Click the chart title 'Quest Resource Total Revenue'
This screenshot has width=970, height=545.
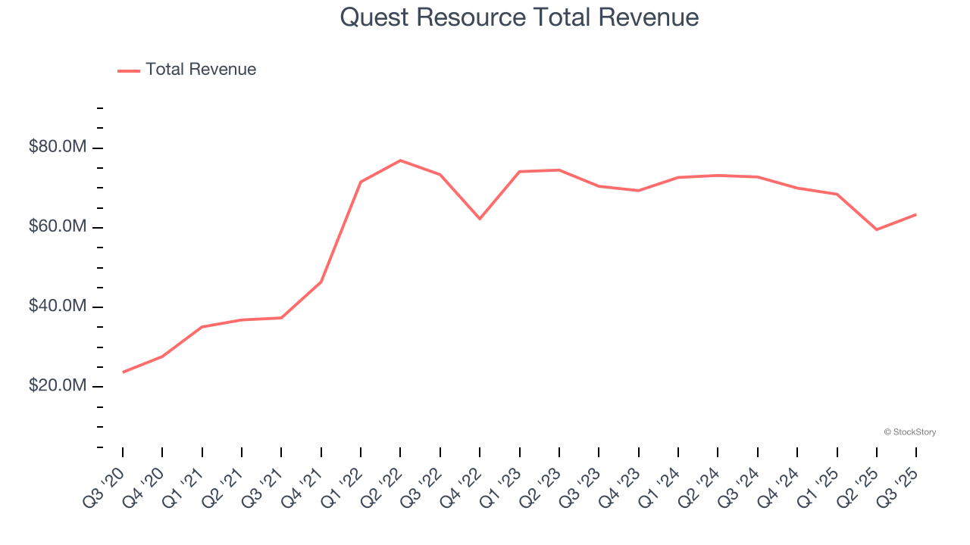tap(519, 17)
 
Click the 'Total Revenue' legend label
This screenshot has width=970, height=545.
tap(201, 70)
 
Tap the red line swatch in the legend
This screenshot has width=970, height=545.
tap(129, 70)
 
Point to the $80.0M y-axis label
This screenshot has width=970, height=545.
tap(58, 147)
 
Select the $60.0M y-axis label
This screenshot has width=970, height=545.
tap(58, 227)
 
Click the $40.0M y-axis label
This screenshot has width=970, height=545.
tap(58, 307)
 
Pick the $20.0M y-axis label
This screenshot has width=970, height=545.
tap(58, 386)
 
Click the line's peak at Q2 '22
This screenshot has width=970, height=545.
tap(400, 160)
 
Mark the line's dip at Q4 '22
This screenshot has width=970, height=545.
tap(480, 219)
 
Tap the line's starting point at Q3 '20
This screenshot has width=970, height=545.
tap(123, 372)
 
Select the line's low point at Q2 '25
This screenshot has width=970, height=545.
tap(877, 229)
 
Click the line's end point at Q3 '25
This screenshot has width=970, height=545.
tap(916, 214)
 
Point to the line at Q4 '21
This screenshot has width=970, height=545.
tap(321, 282)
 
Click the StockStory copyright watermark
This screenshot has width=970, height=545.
tap(909, 432)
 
